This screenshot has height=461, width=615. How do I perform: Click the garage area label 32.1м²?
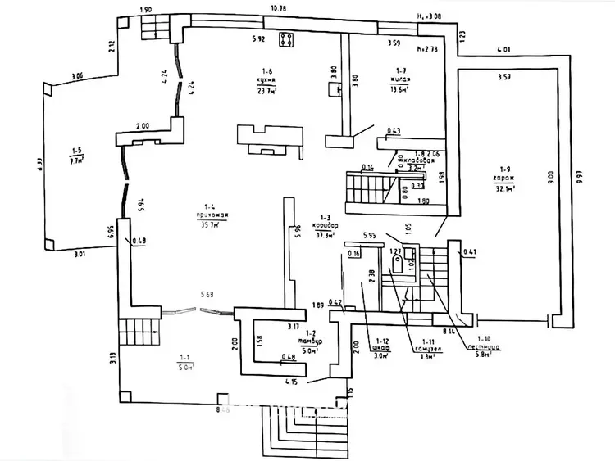[504, 189]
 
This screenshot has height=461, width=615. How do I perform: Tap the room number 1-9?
[503, 169]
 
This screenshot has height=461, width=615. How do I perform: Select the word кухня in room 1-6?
[263, 81]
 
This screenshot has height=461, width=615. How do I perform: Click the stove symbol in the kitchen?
[287, 40]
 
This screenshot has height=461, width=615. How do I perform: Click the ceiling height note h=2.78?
[426, 49]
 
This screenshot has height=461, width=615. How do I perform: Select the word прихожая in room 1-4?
[211, 215]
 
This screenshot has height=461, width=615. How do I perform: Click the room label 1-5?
[77, 151]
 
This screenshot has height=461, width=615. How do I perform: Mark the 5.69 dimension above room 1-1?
[208, 293]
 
